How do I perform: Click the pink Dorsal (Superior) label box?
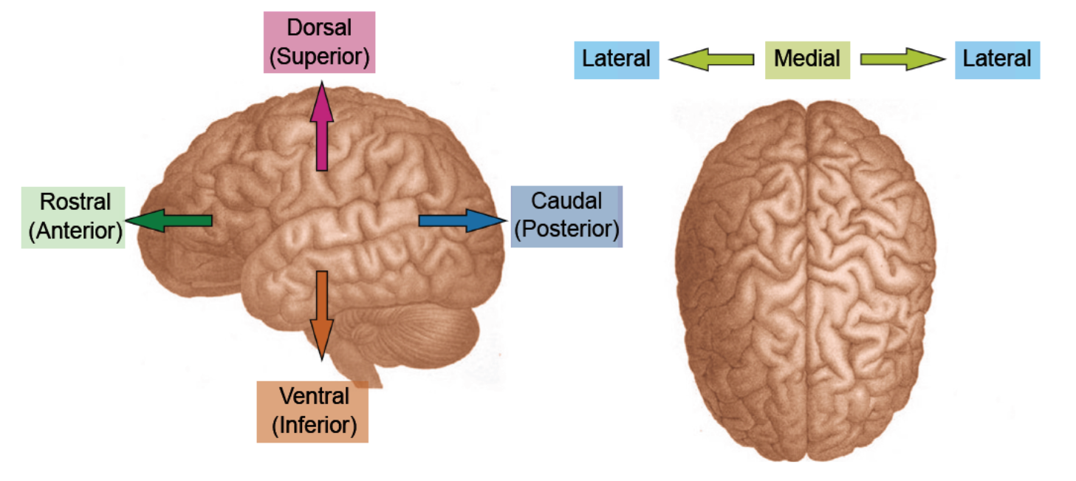319,42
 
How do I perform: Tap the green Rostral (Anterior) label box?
73,217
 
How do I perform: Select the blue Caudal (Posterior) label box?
566,216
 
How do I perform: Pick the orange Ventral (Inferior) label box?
312,412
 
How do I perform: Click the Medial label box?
807,58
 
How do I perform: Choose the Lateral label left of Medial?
617,58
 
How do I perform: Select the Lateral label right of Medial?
997,58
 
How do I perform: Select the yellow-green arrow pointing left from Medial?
710,59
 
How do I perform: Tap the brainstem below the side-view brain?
362,366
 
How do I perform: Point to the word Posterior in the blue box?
566,229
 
